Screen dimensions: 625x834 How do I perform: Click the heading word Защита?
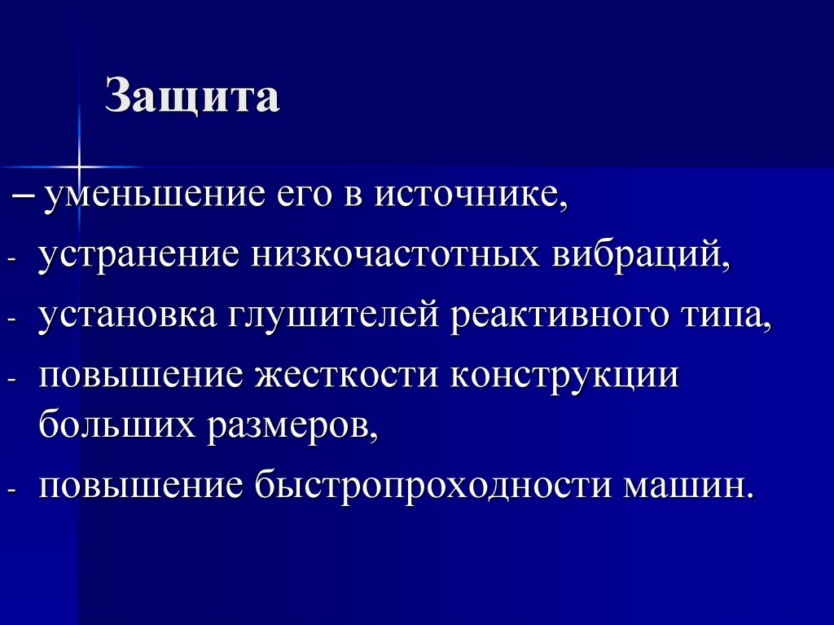coord(192,98)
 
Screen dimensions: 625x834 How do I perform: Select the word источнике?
coord(469,198)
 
